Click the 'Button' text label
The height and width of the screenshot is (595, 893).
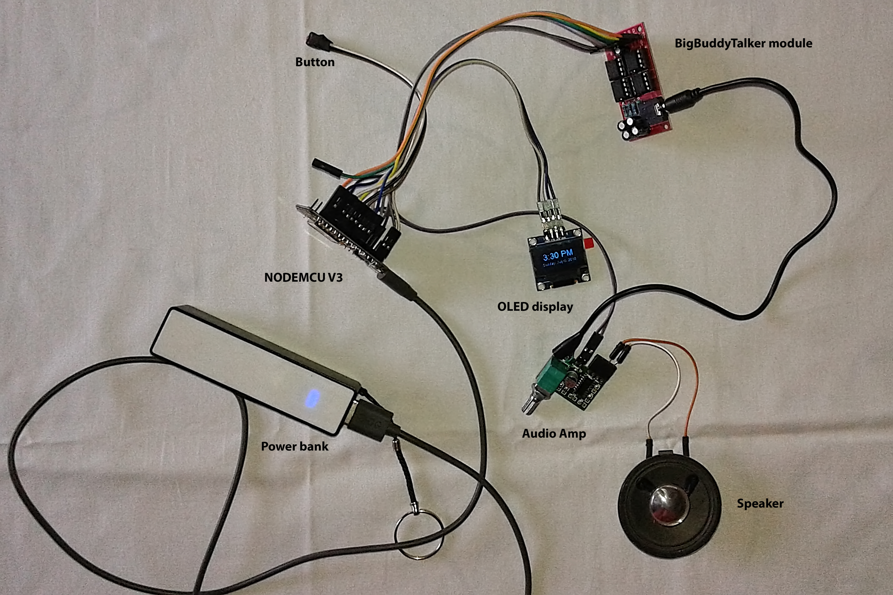tap(315, 62)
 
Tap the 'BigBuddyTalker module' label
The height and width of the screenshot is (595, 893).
tap(743, 43)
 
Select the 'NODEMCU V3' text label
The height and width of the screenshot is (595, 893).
tap(303, 277)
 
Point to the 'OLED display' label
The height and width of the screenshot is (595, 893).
tap(535, 307)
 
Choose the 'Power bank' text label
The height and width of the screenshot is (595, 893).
tap(295, 446)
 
